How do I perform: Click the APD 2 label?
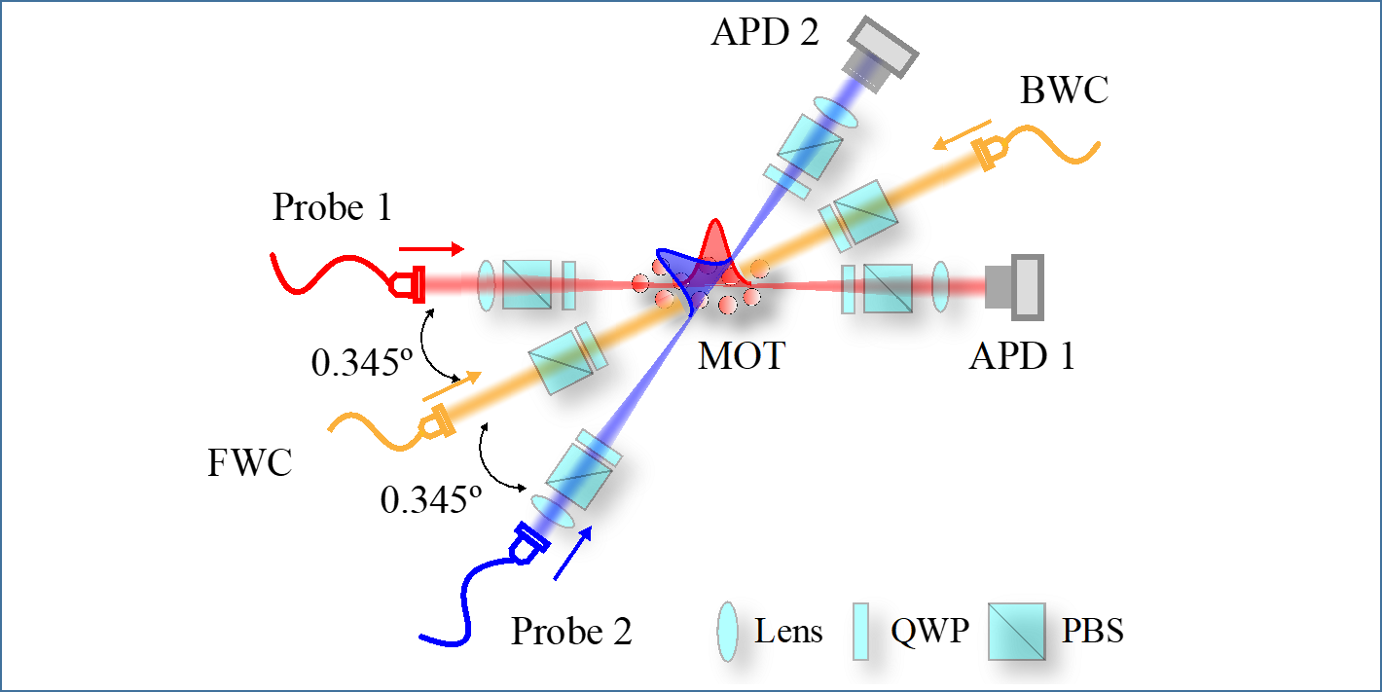[765, 32]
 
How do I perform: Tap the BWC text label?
[1064, 91]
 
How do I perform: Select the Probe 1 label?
[333, 207]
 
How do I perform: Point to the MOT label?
[741, 356]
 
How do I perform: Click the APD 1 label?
[1022, 356]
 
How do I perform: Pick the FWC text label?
[250, 462]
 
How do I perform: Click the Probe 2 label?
[571, 631]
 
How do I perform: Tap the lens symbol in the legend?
[727, 632]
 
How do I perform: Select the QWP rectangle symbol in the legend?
[860, 632]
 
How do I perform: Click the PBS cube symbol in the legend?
[1017, 632]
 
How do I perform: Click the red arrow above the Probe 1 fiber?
[431, 249]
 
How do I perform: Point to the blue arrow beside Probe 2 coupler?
[573, 553]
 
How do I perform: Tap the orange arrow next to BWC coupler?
[962, 135]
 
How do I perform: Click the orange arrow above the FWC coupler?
[452, 386]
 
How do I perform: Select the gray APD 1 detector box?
[1015, 287]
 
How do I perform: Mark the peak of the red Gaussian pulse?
[715, 220]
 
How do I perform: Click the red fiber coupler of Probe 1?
[408, 285]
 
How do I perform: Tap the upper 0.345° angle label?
[362, 362]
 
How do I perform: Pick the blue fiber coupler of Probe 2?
[527, 543]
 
